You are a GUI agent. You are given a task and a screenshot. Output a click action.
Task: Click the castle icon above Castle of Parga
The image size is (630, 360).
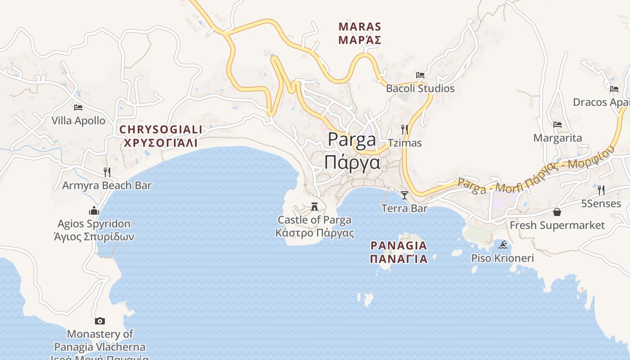click(x=315, y=207)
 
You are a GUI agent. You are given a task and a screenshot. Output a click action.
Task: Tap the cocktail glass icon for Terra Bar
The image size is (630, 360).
click(x=405, y=195)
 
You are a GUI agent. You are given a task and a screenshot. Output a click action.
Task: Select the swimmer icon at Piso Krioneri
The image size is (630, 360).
click(x=503, y=245)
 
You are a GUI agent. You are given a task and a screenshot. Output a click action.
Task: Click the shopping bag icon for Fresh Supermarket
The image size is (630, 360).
click(x=557, y=212)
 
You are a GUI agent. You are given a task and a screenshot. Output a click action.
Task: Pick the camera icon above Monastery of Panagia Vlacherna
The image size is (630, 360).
click(x=100, y=321)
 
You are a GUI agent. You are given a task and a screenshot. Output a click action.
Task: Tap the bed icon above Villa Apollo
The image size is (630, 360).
click(x=78, y=108)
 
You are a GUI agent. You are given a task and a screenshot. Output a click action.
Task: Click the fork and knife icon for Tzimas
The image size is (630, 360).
click(x=405, y=130)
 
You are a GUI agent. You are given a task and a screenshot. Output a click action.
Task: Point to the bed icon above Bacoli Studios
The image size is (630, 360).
click(x=420, y=75)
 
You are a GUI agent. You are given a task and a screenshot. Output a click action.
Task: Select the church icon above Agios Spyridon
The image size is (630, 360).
click(x=94, y=211)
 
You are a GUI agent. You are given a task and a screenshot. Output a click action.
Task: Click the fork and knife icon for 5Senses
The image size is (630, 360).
click(x=601, y=190)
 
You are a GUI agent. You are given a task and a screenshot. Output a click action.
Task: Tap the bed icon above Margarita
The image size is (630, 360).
click(x=558, y=125)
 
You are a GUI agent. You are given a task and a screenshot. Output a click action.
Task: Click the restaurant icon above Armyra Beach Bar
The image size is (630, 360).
click(x=107, y=172)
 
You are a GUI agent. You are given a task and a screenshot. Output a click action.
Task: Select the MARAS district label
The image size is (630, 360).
click(x=360, y=27)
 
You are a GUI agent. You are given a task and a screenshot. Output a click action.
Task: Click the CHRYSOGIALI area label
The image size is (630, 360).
click(x=161, y=130)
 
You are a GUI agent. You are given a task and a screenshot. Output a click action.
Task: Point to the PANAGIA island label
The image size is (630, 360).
click(x=398, y=246)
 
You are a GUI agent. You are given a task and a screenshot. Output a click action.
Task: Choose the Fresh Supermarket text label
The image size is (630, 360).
click(x=557, y=225)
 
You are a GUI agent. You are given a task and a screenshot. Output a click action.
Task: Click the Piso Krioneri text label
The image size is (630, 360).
click(x=502, y=258)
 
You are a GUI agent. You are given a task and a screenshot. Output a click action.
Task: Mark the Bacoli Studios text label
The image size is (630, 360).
click(x=420, y=89)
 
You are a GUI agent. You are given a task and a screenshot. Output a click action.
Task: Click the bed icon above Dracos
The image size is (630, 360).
click(x=614, y=89)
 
